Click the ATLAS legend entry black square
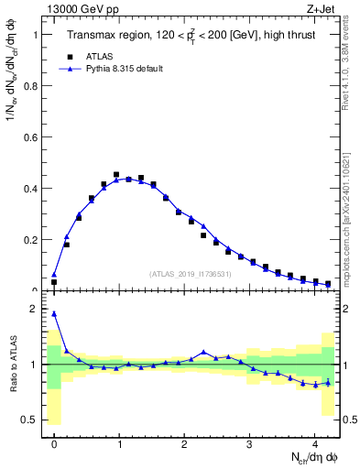pos(69,56)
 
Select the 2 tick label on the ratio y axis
pos(35,310)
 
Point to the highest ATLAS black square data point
pos(116,174)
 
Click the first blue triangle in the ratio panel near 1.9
pos(54,313)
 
